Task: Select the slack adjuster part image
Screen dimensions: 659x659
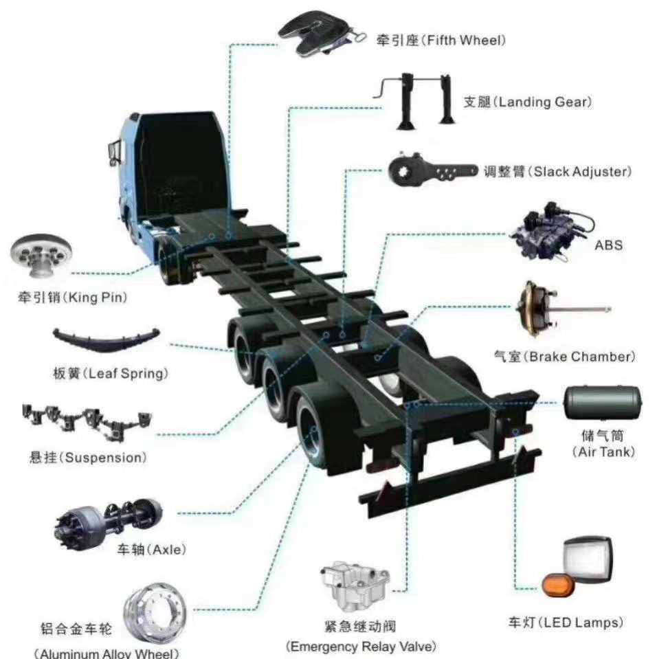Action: point(432,170)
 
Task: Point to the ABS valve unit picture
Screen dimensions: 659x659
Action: point(551,232)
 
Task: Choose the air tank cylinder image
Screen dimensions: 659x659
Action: point(602,403)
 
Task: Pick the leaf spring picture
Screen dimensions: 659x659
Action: point(106,339)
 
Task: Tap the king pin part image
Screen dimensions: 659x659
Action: point(41,256)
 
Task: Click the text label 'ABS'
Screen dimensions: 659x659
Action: point(608,245)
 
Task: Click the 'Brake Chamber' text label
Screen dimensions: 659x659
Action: point(581,357)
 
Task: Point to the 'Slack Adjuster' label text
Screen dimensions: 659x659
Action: point(582,172)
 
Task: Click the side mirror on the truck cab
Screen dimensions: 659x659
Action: point(114,153)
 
